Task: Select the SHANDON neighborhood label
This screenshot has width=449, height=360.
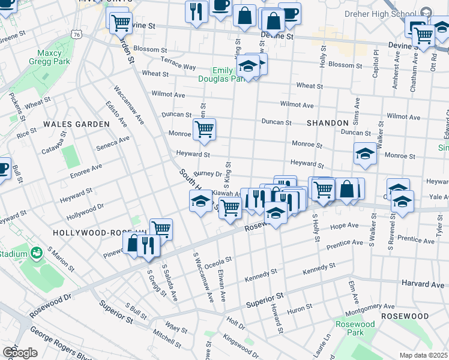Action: (x=327, y=122)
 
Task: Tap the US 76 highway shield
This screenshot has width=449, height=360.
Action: (x=76, y=35)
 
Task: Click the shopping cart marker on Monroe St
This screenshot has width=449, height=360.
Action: (x=204, y=129)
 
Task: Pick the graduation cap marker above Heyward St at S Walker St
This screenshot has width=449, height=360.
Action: (x=364, y=154)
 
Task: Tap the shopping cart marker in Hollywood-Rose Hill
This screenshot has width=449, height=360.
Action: (x=161, y=229)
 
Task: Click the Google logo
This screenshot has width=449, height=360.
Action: (x=20, y=352)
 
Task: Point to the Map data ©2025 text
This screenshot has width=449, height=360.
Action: (x=423, y=355)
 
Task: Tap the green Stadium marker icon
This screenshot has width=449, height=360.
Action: (x=37, y=253)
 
